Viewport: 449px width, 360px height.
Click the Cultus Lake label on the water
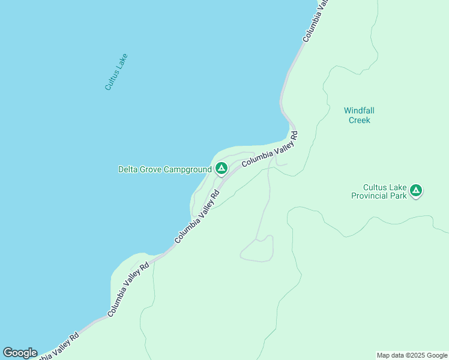116,72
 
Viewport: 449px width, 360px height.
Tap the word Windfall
359,110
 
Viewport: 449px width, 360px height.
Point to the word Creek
360,120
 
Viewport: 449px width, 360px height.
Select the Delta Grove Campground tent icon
221,169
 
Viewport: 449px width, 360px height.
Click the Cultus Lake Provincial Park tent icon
415,191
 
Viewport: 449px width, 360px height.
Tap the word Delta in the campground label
128,170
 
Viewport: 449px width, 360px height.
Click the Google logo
20,353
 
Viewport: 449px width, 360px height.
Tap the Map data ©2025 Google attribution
412,355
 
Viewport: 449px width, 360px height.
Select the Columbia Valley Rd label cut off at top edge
315,20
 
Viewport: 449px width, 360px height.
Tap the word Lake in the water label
122,62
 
